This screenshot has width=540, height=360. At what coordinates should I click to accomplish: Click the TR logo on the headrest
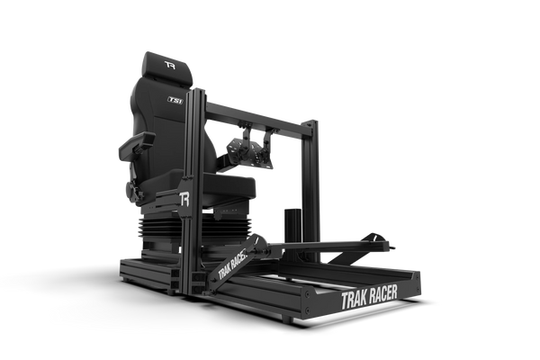click(170, 65)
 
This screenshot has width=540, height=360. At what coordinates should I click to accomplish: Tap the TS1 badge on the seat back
click(175, 100)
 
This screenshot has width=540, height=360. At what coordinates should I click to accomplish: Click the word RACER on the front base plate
click(383, 294)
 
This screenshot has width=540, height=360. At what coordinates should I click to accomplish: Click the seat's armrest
click(137, 147)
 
